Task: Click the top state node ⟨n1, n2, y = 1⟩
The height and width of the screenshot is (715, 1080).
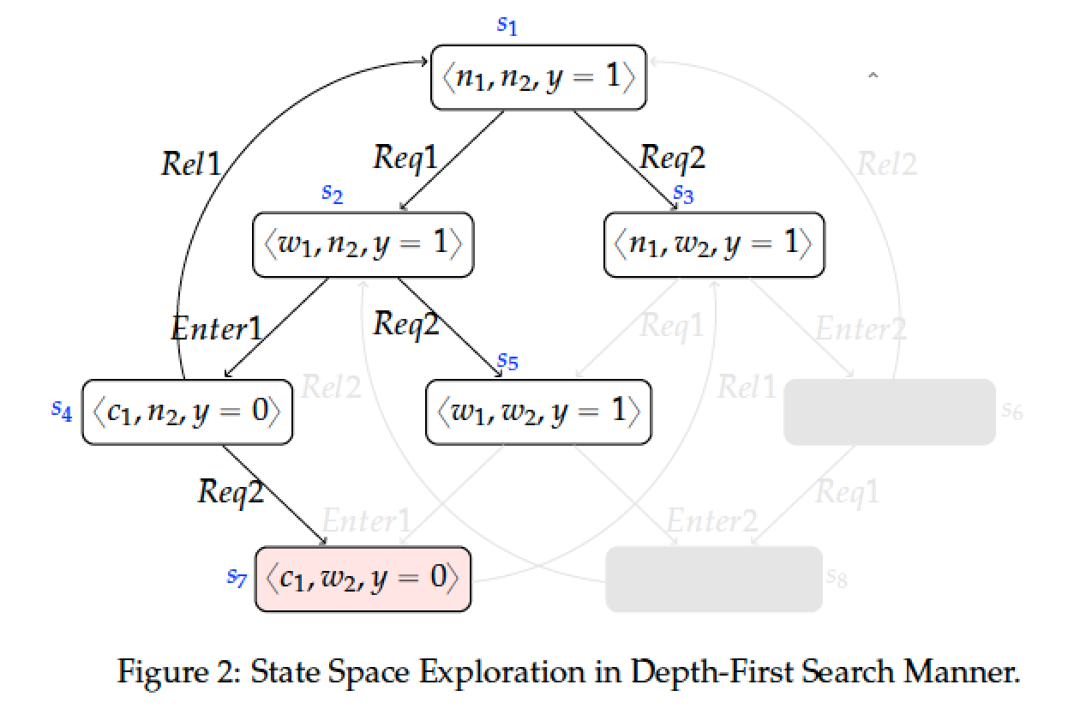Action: (x=537, y=77)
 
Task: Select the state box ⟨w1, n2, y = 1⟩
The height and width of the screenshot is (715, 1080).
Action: (x=363, y=245)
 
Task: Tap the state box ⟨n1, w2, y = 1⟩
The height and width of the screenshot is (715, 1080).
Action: (x=714, y=245)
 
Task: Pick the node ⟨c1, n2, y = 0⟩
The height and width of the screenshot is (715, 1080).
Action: (x=188, y=412)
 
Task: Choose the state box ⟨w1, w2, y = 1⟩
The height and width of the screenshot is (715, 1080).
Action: (x=539, y=412)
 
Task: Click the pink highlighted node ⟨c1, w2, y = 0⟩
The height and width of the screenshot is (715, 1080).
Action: (x=363, y=580)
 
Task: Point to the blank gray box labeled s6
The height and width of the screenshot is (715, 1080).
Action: (x=890, y=412)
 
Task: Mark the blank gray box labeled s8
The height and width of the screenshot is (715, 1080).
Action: (x=714, y=580)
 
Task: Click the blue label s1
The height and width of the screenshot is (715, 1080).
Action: (x=507, y=25)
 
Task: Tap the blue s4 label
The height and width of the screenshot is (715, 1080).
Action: (x=61, y=410)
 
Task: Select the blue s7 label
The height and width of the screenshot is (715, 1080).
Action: (x=237, y=577)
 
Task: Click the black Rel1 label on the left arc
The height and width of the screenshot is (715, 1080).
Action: (x=191, y=163)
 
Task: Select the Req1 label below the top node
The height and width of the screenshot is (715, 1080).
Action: (x=405, y=157)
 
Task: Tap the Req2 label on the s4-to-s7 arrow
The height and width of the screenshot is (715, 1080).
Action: (x=231, y=492)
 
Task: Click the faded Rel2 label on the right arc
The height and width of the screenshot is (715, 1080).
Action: (x=886, y=163)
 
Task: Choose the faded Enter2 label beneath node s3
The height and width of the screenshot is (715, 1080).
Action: (x=860, y=329)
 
